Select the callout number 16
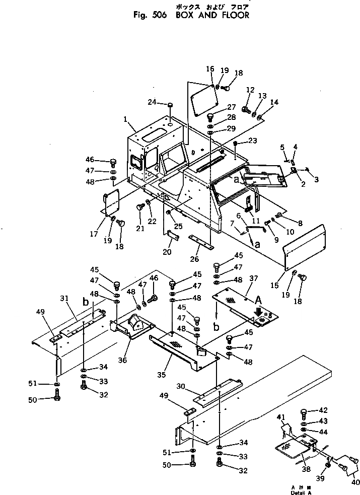point(210,68)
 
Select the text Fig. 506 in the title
point(151,15)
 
